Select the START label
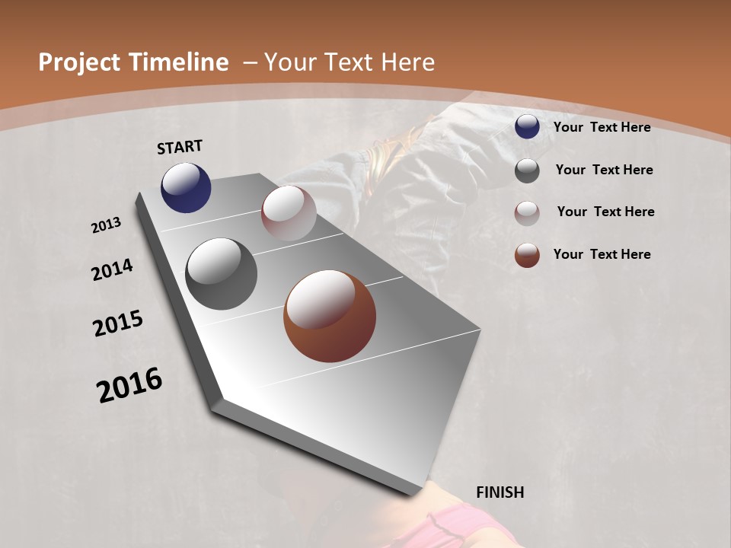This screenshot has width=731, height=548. pos(180,147)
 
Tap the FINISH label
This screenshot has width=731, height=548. pos(500,492)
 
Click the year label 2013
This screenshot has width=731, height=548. pos(106,225)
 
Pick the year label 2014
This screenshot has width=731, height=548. pos(112,269)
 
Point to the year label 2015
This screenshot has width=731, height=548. pos(118,323)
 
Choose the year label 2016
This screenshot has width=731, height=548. pos(129,385)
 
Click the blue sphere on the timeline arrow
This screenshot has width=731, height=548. pos(186,187)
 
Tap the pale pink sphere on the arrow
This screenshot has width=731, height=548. pos(289,212)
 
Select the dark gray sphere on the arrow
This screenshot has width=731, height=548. pos(222,274)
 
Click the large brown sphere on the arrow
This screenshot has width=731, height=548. pos(330,316)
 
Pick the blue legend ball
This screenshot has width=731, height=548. pos(527,126)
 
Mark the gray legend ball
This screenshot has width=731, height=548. pos(527,170)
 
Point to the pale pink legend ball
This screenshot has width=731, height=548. pos(527,213)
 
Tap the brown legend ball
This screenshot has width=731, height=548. pos(527,255)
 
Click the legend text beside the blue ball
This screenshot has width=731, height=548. pos(602,127)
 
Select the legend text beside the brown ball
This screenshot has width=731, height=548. pos(602,254)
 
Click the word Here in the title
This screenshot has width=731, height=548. pos(408,62)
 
